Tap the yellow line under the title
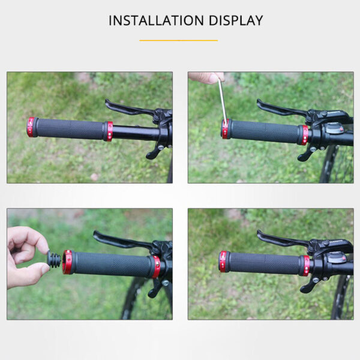[179, 40]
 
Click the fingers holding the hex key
[206, 77]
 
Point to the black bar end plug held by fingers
[55, 261]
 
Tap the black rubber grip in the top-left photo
[69, 128]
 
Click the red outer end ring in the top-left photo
[31, 127]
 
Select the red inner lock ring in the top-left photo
[109, 131]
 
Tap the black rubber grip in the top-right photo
[264, 132]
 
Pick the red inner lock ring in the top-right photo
[304, 135]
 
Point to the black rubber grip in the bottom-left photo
[111, 264]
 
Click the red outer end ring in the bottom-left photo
[68, 262]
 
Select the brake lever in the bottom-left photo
[117, 241]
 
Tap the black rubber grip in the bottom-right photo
[264, 263]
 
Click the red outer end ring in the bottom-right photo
[223, 262]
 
